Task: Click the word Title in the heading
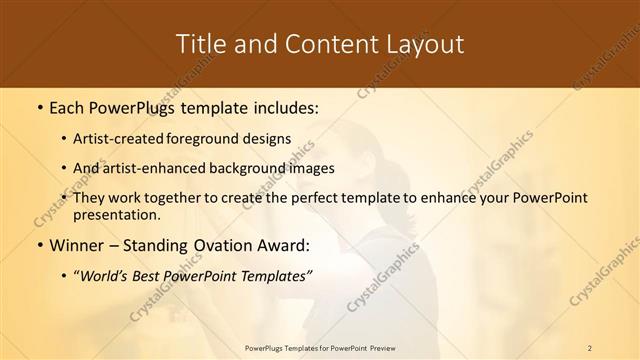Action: click(x=201, y=44)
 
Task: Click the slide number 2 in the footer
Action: click(x=590, y=347)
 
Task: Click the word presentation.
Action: click(x=116, y=214)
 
